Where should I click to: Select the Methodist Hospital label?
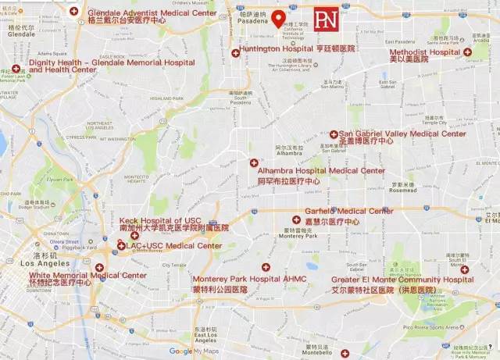coord(425,52)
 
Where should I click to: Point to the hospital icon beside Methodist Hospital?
coord(467,52)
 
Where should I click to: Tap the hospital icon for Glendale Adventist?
coord(74,11)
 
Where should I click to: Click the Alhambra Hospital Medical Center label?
coord(321,170)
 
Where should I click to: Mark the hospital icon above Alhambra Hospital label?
coord(253,162)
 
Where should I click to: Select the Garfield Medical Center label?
coord(349,212)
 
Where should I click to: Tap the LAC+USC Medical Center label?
coord(173,246)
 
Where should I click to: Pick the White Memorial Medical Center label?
coord(87,276)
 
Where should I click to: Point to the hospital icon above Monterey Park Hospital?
coord(266,267)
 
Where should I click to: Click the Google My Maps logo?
coord(192,351)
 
